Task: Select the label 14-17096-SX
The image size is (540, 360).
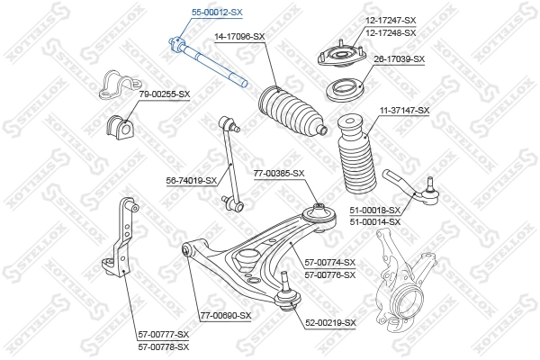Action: point(239,36)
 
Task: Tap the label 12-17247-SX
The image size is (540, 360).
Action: point(391,20)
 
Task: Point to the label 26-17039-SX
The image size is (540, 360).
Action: point(399,58)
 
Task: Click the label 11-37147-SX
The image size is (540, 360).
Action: point(404,110)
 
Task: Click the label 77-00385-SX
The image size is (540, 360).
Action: point(279,173)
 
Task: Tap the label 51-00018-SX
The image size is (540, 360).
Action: point(374,210)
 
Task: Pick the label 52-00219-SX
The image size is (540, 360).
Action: point(330,322)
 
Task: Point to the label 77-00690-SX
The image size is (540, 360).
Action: point(225,315)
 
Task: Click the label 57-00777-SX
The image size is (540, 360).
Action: point(164,334)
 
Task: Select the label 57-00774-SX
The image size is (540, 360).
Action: point(330,262)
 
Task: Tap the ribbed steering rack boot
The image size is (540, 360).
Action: point(292,112)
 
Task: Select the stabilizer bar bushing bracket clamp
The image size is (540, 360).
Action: point(114,82)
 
